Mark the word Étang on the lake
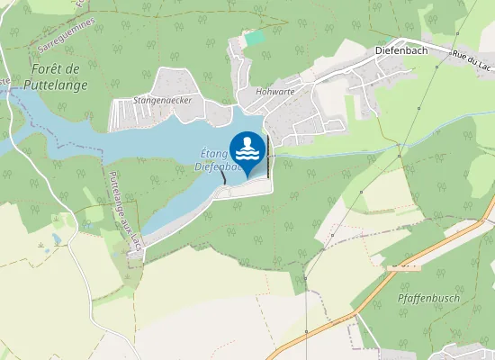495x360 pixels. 210,155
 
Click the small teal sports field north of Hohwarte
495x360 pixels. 256,39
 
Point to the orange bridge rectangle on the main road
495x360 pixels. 402,267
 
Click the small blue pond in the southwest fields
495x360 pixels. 57,239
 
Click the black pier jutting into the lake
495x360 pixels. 223,176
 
